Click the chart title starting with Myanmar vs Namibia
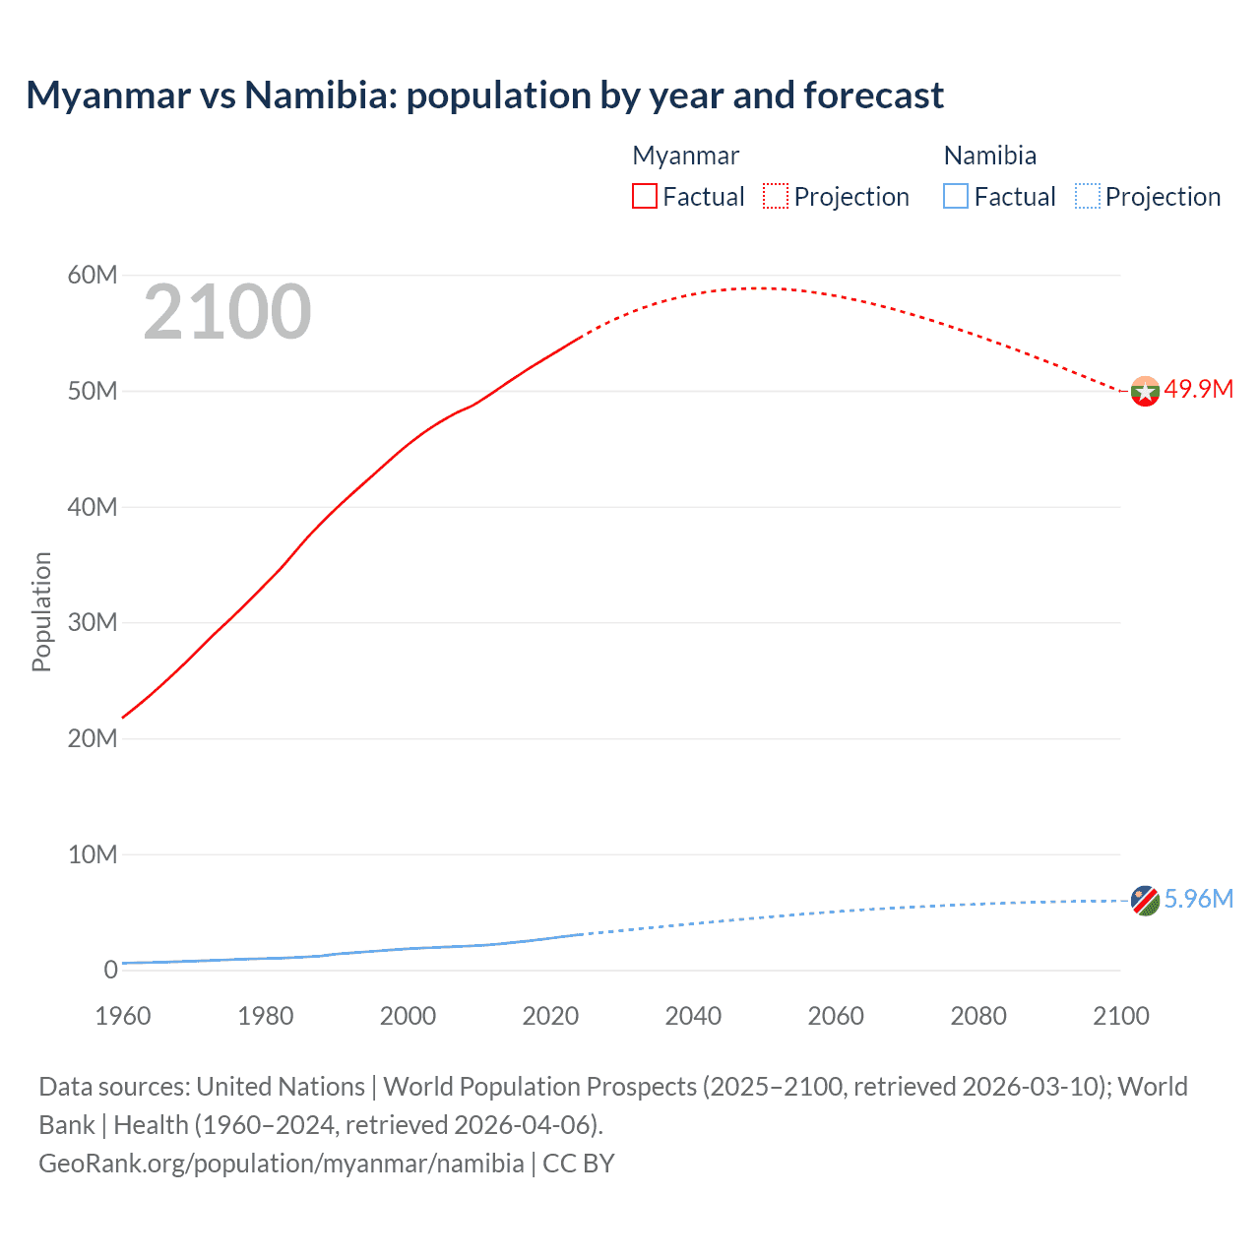[x=484, y=95]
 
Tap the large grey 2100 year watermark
[x=227, y=313]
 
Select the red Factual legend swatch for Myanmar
[x=644, y=196]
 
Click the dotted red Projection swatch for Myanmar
[x=776, y=196]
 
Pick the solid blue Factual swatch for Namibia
[x=955, y=196]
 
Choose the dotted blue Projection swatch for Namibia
[x=1087, y=196]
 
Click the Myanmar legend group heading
[x=685, y=156]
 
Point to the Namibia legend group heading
[x=989, y=156]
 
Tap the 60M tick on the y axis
[x=93, y=275]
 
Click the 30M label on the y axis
[x=93, y=622]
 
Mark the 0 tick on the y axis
[x=110, y=970]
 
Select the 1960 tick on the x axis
[x=123, y=1016]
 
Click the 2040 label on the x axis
[x=693, y=1016]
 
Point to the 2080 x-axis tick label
[x=978, y=1016]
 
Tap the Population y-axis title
[x=41, y=611]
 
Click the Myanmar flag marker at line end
[x=1145, y=392]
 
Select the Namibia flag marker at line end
[x=1145, y=901]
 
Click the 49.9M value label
[x=1198, y=389]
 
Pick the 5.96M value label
[x=1198, y=899]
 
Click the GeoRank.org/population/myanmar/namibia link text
[x=282, y=1164]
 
